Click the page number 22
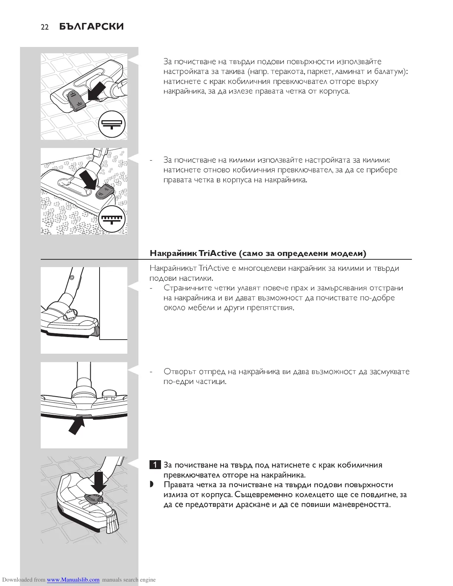point(44,27)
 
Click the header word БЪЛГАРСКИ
point(91,27)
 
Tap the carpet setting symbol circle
point(112,219)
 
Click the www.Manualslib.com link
point(73,580)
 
